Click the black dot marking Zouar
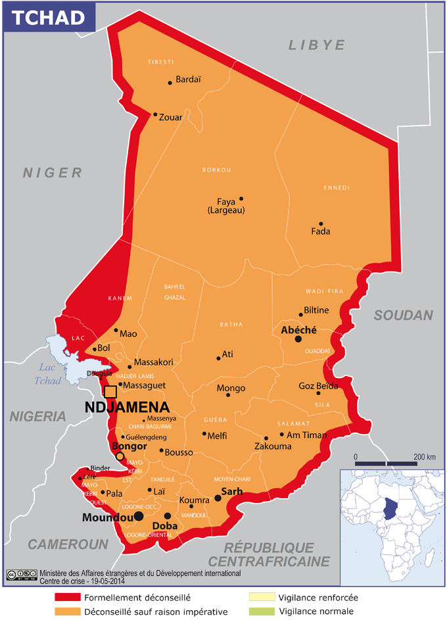(156, 115)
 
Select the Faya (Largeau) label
(225, 206)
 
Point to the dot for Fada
(321, 224)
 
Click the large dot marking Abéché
(298, 339)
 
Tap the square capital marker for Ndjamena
(110, 392)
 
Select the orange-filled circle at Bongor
(120, 456)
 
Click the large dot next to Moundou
(139, 517)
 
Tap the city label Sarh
(231, 491)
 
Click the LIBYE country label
(316, 45)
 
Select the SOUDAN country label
(404, 315)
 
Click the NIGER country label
(53, 173)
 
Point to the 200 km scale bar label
(425, 456)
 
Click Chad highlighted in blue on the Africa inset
(391, 506)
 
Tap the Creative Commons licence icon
(22, 574)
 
